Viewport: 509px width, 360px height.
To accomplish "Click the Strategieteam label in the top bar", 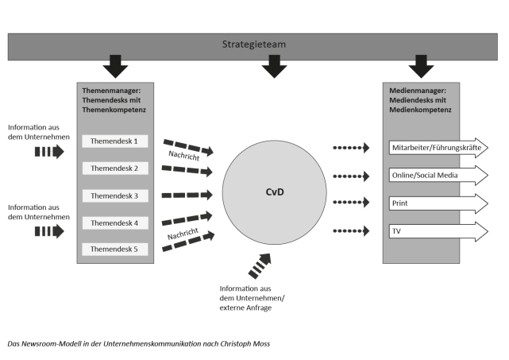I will (x=254, y=45).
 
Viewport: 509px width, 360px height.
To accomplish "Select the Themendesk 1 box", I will (x=114, y=141).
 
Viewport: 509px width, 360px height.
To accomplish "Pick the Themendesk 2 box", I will (x=114, y=168).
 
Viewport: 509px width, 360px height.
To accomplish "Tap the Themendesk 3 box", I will (x=114, y=195).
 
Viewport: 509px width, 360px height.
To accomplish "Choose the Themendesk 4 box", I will (x=114, y=223).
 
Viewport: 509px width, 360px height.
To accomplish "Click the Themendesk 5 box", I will (x=114, y=250).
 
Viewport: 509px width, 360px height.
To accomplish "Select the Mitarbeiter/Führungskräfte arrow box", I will (x=438, y=148).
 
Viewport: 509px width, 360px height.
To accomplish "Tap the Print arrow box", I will (x=438, y=203).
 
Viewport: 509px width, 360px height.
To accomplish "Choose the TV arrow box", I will (x=438, y=231).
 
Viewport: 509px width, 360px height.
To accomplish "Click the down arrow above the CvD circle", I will (x=274, y=67).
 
